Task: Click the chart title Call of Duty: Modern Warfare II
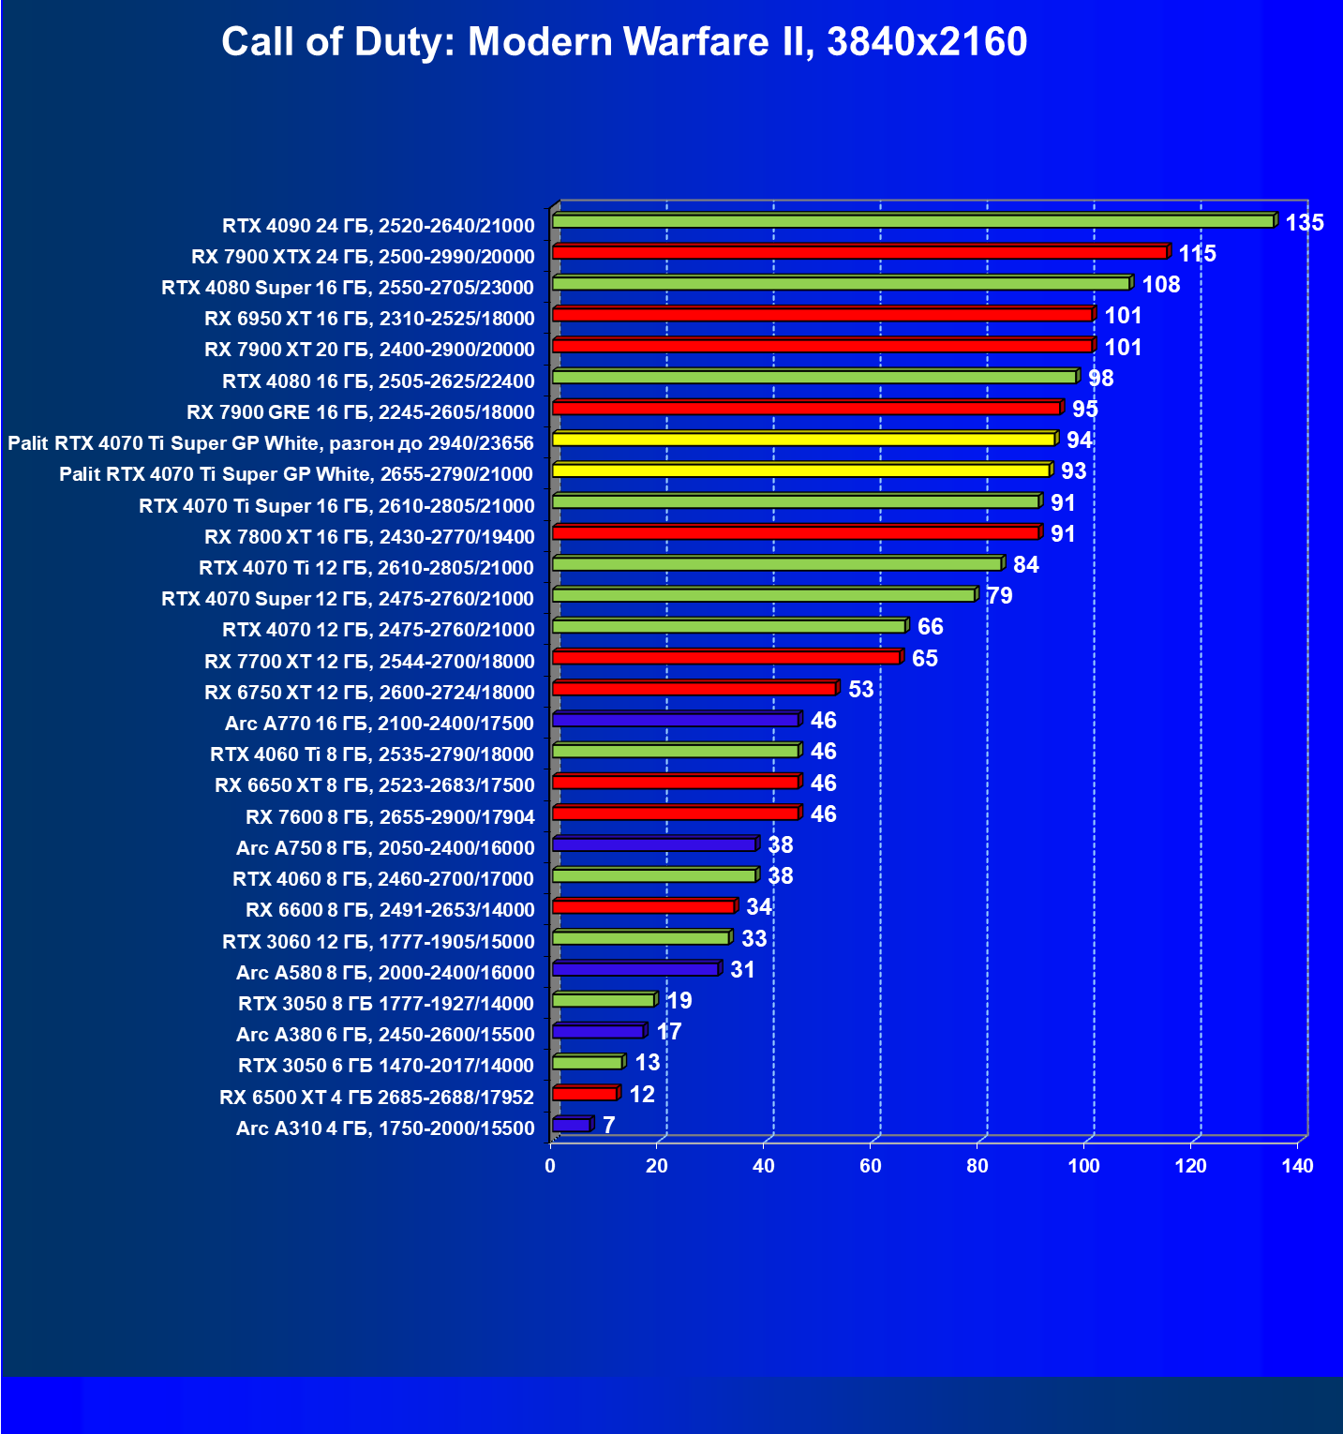(624, 42)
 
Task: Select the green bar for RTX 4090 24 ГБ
(913, 221)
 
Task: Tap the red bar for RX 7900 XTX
(859, 252)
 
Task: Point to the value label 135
(1305, 222)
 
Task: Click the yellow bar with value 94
(803, 439)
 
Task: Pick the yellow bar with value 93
(800, 471)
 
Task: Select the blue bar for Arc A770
(675, 720)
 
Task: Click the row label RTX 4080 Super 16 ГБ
(348, 288)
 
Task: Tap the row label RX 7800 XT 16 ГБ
(369, 537)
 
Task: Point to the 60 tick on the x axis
(871, 1166)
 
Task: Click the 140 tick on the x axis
(1298, 1166)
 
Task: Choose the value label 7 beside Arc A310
(609, 1125)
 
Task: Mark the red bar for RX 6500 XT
(584, 1094)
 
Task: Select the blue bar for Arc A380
(598, 1032)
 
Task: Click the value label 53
(860, 690)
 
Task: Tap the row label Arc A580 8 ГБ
(385, 973)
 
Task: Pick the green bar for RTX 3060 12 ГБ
(640, 938)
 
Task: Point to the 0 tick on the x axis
(550, 1166)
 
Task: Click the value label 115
(1197, 254)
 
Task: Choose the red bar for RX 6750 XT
(694, 689)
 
